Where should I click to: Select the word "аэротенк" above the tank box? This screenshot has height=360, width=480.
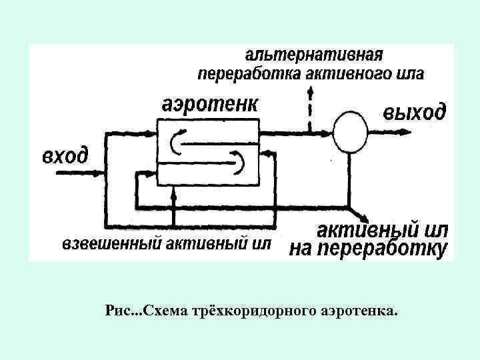211,105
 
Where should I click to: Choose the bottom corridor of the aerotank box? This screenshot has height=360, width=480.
207,177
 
